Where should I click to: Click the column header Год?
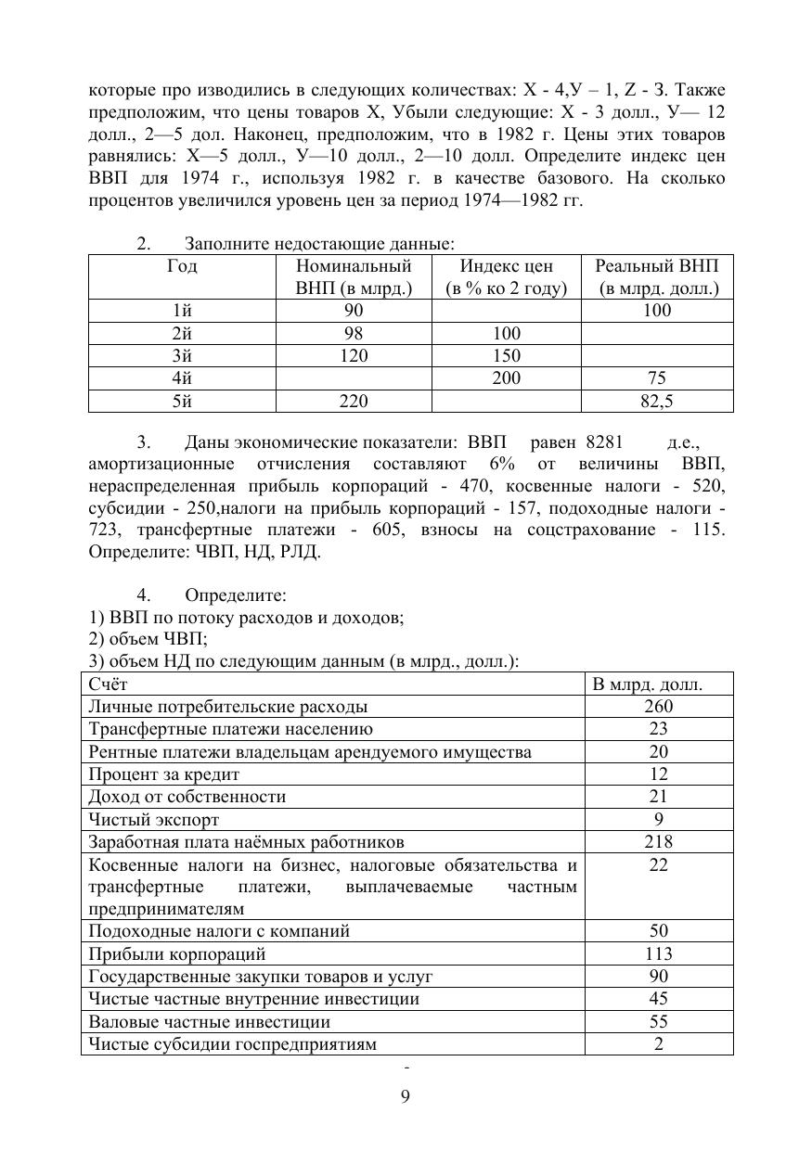tap(182, 266)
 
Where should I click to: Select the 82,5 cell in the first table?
tap(656, 401)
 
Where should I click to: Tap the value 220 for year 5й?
tap(353, 401)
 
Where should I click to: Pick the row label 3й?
tap(182, 356)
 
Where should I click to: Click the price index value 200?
tap(506, 378)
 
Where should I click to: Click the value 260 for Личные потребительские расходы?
tap(658, 707)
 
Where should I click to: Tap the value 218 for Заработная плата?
tap(658, 842)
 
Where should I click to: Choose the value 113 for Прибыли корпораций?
tap(658, 953)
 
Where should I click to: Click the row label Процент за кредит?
tap(164, 774)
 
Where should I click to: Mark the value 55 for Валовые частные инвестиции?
tap(658, 1022)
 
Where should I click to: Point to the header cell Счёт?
tap(109, 684)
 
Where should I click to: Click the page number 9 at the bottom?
tap(405, 1097)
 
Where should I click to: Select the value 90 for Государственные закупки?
tap(658, 977)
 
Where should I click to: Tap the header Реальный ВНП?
tap(656, 266)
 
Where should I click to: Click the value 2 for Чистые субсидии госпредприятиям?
tap(658, 1044)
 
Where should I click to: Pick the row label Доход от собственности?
tap(187, 797)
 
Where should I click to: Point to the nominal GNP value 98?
tap(353, 333)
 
